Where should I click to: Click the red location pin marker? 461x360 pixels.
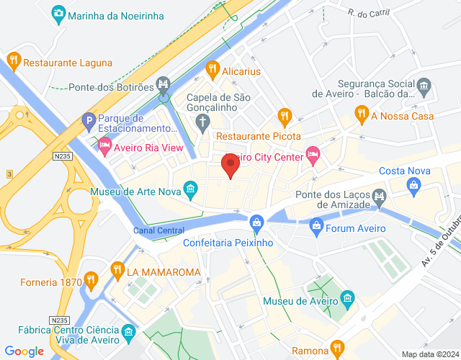pos(230,166)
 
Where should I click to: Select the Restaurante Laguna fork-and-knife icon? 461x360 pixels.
pos(13,62)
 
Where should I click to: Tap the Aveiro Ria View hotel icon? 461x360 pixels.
pos(104,147)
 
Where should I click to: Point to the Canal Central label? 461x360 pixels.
pos(159,230)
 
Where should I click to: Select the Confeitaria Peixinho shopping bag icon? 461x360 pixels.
pos(256,221)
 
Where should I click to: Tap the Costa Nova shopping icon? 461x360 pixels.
pos(414,186)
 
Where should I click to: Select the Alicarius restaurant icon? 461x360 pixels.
pos(212,71)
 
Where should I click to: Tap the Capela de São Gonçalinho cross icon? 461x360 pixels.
pos(204,121)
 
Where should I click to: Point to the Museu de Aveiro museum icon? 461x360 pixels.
pos(347,297)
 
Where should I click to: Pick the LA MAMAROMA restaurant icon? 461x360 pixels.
pos(117,271)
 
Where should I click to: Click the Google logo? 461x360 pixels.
pos(23,351)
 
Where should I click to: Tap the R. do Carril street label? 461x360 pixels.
pos(368,13)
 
